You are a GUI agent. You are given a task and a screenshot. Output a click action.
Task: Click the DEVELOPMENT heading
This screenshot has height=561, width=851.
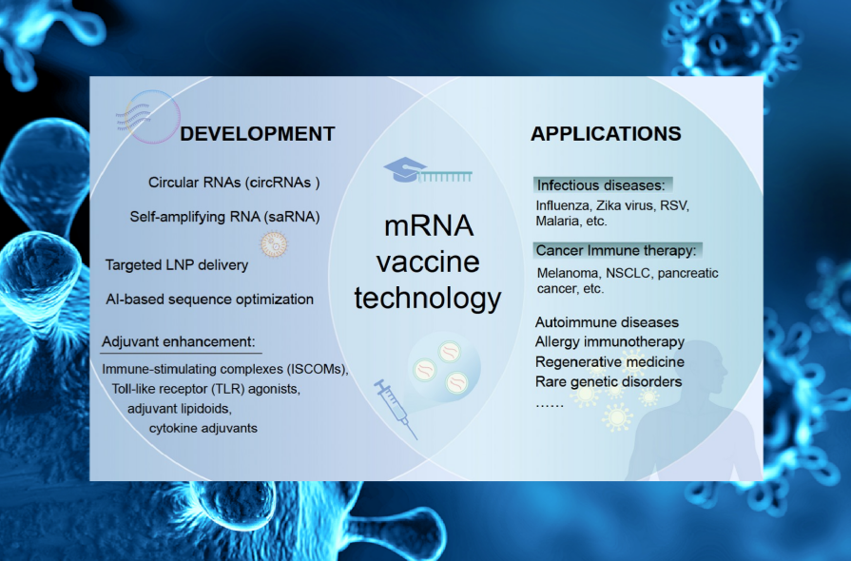tap(258, 134)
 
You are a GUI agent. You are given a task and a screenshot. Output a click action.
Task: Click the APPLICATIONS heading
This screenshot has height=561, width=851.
tap(606, 134)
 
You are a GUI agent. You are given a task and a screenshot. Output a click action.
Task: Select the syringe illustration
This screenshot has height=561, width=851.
tap(396, 409)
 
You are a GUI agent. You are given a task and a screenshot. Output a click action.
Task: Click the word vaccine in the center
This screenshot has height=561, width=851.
tap(428, 262)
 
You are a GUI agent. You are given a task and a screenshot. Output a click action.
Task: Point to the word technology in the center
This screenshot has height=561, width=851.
tap(428, 299)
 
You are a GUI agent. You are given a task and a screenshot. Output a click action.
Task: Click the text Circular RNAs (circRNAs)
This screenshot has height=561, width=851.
tap(234, 183)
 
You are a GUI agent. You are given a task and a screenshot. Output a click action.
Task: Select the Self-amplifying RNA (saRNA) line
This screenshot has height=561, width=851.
tap(224, 217)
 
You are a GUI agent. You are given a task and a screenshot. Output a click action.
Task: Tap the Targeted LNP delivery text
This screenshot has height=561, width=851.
tap(177, 265)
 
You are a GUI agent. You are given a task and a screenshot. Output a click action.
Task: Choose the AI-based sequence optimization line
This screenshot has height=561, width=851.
tap(209, 300)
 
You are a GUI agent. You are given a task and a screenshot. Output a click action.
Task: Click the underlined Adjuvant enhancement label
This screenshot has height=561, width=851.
tap(178, 342)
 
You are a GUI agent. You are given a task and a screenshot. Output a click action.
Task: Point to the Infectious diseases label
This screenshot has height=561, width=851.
tap(601, 185)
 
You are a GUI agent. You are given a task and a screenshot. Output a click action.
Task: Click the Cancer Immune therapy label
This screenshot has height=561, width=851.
tap(616, 251)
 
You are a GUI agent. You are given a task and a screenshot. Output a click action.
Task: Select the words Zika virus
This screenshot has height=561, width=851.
tap(625, 205)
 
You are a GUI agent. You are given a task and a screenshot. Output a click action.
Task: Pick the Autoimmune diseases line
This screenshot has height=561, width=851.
tap(607, 322)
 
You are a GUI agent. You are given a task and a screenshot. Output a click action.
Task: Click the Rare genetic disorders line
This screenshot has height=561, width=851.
tap(609, 382)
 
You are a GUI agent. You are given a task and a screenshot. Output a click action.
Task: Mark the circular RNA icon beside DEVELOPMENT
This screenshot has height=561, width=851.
tap(148, 117)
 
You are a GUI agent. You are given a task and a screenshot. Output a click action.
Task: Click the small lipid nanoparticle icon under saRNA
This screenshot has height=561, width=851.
tap(274, 244)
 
